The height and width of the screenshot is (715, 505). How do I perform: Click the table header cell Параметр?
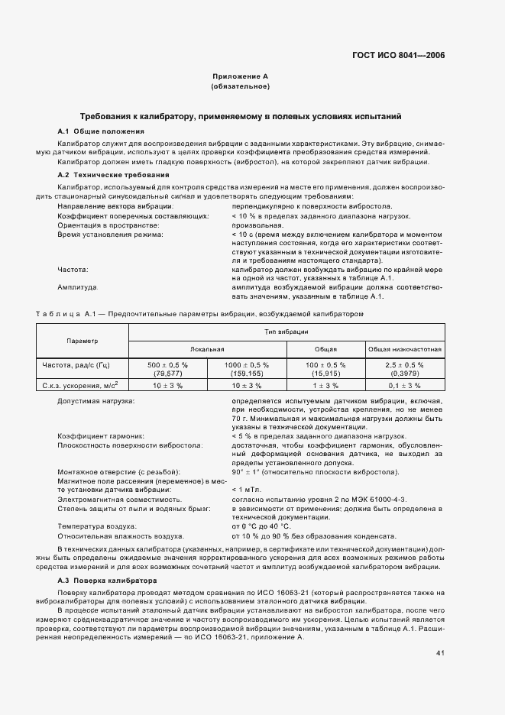pos(82,340)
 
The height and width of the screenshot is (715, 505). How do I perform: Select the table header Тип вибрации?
pos(286,332)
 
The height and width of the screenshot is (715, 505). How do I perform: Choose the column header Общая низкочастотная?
pos(405,348)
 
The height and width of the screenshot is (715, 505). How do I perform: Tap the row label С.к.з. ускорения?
pos(84,385)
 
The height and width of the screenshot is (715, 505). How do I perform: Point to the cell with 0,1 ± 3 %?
pos(405,386)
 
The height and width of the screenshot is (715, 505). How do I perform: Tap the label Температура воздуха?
pos(97,526)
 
